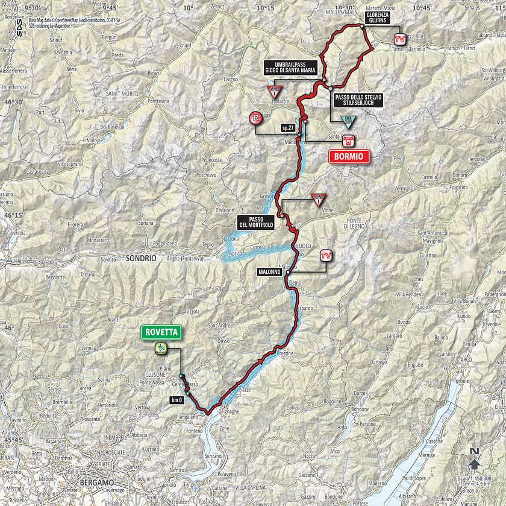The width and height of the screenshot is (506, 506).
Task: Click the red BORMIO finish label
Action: [x=348, y=157]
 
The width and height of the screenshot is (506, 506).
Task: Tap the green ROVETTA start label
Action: [x=160, y=332]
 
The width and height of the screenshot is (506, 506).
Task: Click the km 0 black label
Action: [x=175, y=399]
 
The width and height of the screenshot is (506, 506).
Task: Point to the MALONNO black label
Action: [x=269, y=272]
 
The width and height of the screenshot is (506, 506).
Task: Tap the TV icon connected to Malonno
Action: [x=326, y=256]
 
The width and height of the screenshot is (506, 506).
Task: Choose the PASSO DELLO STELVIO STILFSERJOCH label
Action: [x=356, y=100]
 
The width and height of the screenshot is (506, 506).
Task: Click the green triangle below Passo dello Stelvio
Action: [x=348, y=121]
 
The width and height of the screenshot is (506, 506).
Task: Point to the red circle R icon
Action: [x=257, y=118]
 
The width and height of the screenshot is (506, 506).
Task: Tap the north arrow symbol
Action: [x=475, y=463]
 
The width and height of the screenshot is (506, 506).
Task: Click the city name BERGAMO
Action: [x=97, y=482]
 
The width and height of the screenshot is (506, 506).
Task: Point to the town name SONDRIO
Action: [x=142, y=258]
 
